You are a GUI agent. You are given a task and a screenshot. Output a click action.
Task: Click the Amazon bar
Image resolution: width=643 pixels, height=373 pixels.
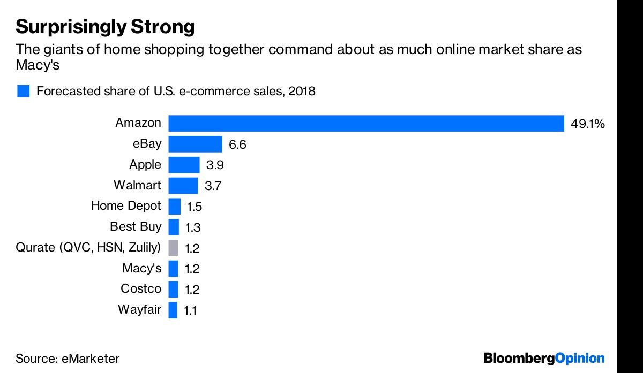[x=366, y=123]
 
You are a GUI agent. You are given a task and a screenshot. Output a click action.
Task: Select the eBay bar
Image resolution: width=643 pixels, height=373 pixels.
[x=195, y=144]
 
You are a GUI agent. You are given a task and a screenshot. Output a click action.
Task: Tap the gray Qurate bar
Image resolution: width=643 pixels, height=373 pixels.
[x=173, y=248]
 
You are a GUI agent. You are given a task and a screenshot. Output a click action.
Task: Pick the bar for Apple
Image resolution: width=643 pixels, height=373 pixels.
[x=184, y=165]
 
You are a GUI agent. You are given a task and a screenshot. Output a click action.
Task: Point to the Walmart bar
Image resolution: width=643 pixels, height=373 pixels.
[x=183, y=186]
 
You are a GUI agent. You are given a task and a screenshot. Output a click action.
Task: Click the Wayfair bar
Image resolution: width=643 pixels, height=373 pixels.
[x=173, y=310]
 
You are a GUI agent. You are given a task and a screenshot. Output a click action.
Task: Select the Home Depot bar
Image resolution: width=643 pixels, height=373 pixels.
[x=175, y=207]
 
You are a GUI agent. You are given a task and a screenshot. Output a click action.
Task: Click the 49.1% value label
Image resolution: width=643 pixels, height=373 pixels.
[x=588, y=124]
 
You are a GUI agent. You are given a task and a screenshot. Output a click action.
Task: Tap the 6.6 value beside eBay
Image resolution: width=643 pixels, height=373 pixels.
[x=237, y=144]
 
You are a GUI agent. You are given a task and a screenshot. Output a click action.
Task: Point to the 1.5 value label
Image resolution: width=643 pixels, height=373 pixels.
[x=195, y=207]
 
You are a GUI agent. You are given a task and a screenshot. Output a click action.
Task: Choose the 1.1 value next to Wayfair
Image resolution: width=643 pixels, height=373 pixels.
[x=190, y=310]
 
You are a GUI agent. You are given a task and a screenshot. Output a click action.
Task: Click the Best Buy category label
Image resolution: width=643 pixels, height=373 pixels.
[x=136, y=226]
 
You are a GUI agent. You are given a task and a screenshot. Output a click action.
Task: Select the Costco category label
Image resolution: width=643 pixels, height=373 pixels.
[x=141, y=288]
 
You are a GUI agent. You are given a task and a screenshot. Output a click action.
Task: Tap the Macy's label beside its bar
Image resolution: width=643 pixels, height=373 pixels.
[x=142, y=268]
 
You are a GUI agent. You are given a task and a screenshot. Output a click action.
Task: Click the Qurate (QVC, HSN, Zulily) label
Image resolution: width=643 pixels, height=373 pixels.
[x=88, y=247]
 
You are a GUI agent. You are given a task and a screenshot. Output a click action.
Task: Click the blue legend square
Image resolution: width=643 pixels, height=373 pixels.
[x=23, y=91]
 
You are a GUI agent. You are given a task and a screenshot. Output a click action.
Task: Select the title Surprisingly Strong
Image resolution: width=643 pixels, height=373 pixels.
[x=105, y=27]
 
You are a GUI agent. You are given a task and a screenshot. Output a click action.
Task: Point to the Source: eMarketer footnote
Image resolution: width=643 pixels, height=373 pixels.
[x=68, y=359]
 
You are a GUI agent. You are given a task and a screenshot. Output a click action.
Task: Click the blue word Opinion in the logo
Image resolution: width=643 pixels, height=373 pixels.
[x=580, y=359]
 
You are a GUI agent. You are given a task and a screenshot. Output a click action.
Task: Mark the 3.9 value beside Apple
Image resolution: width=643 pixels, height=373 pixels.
[x=215, y=165]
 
